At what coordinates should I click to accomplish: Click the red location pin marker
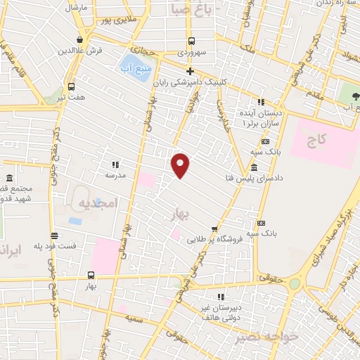(x=181, y=165)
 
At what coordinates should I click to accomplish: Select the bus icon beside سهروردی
(x=190, y=41)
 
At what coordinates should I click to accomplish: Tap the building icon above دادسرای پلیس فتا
(x=253, y=167)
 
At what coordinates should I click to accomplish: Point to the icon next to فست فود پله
(x=54, y=236)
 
